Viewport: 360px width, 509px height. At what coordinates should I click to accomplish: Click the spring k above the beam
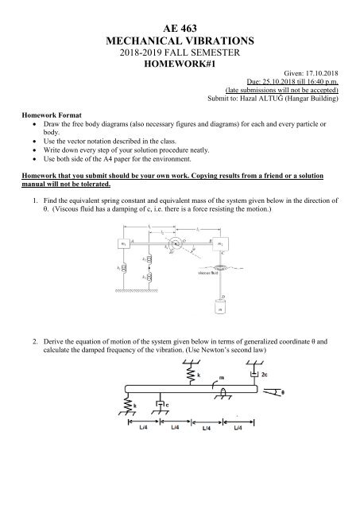[190, 372]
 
